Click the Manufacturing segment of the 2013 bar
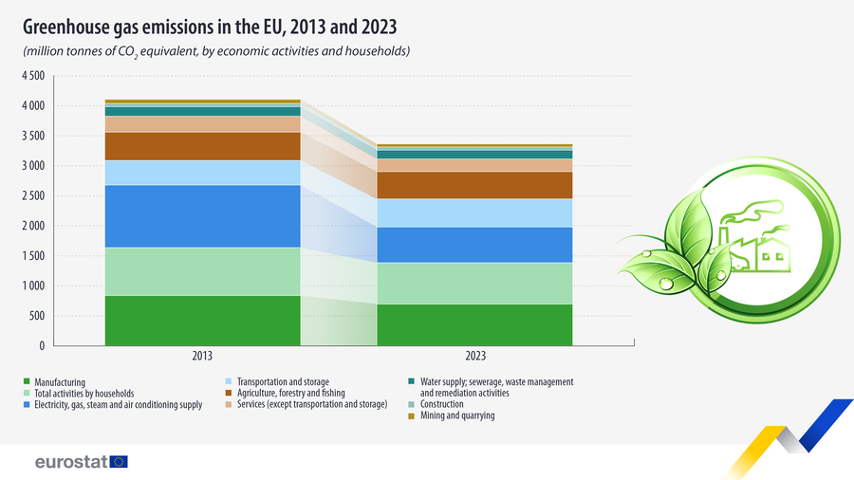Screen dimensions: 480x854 click(x=202, y=321)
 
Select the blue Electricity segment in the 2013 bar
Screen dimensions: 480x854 click(x=202, y=216)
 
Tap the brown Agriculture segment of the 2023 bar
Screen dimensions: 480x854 click(x=474, y=185)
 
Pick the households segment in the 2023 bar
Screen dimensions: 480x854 click(x=474, y=283)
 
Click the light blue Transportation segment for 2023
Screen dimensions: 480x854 click(x=474, y=212)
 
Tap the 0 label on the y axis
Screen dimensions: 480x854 click(x=41, y=346)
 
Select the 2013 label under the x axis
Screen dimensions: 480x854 click(x=202, y=357)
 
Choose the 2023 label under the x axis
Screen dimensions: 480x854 click(x=474, y=357)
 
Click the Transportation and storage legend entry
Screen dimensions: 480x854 click(x=278, y=381)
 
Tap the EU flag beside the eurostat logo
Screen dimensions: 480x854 click(x=119, y=462)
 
